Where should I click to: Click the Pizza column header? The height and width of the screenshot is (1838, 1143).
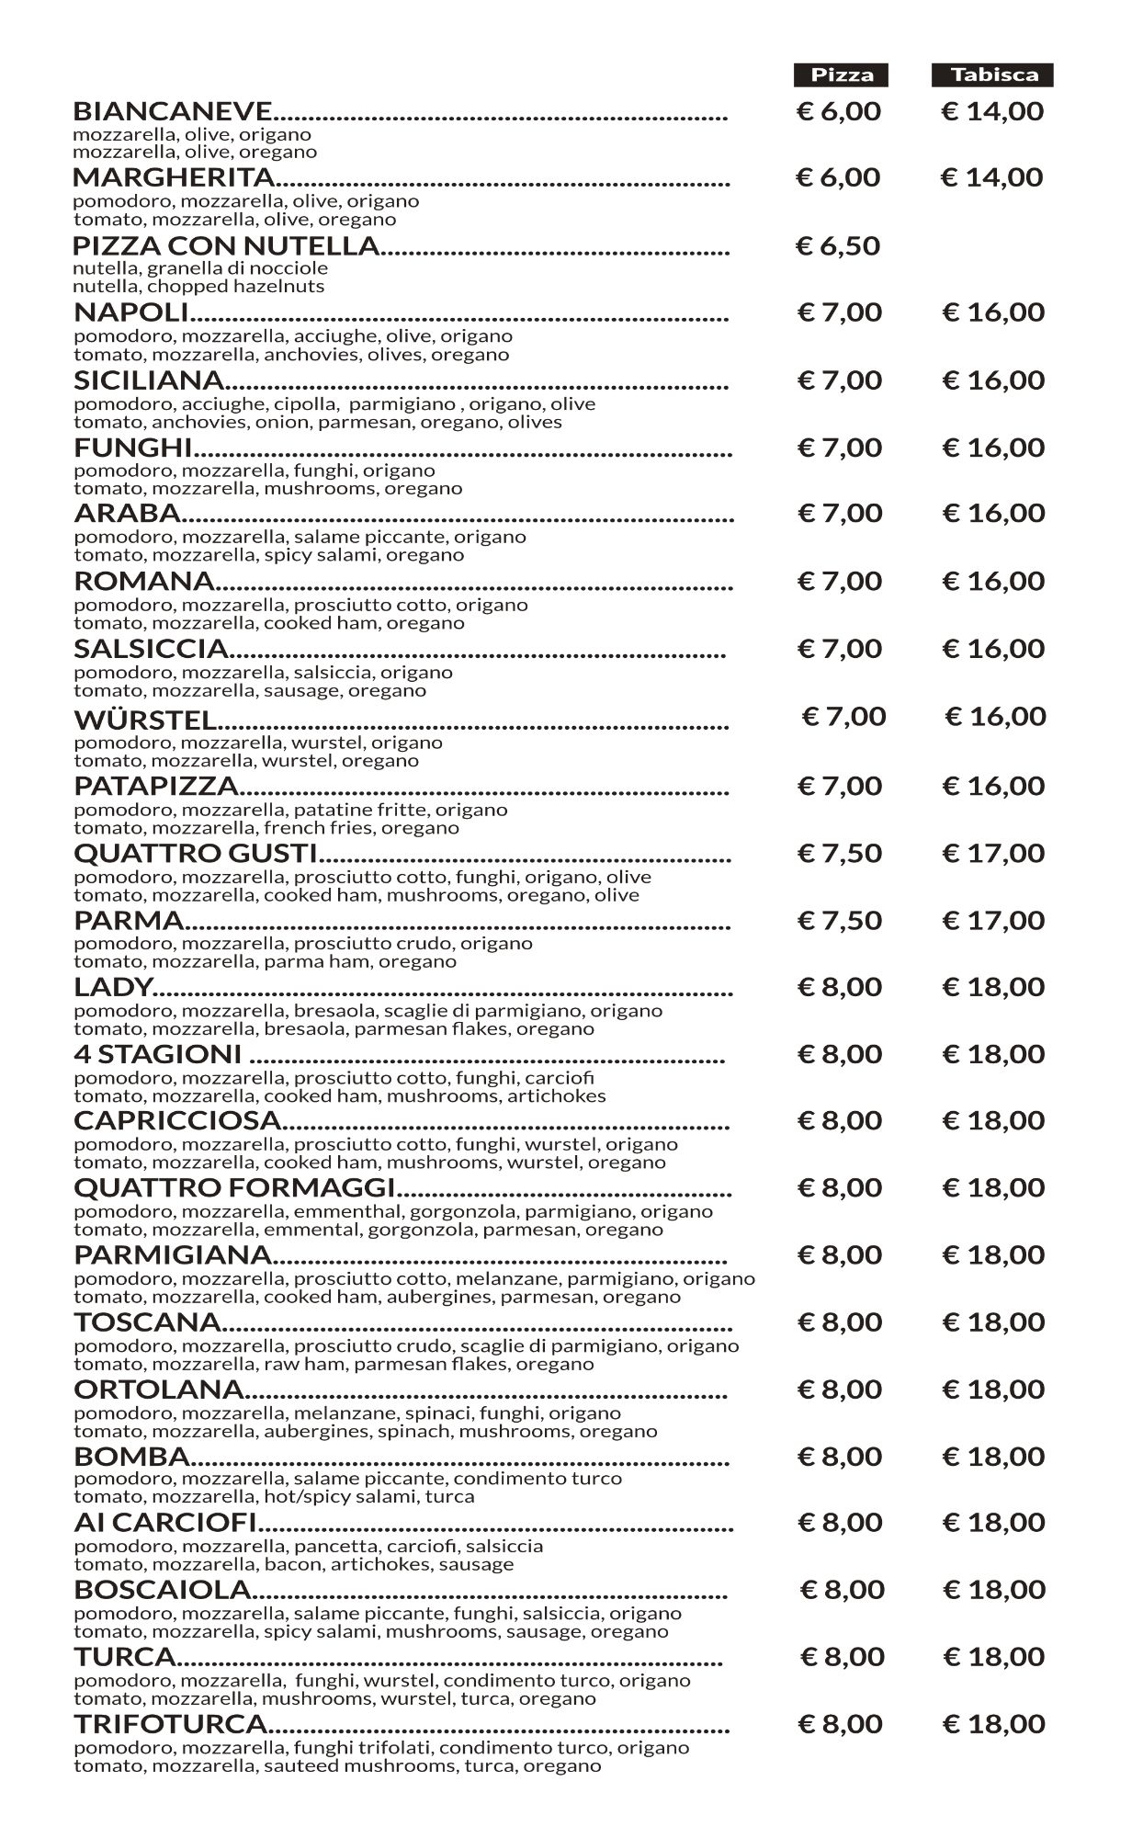[842, 74]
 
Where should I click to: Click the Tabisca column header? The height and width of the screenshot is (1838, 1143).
[993, 74]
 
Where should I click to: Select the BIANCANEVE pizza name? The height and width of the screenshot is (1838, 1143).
[172, 111]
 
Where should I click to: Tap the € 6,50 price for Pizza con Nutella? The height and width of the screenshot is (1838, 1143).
[838, 245]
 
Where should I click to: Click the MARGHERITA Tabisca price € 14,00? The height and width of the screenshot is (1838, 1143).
[992, 177]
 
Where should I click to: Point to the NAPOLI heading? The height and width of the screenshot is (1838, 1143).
[130, 312]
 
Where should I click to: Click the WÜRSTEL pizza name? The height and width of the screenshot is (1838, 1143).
[145, 719]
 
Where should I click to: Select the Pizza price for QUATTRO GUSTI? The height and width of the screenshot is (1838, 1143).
[840, 853]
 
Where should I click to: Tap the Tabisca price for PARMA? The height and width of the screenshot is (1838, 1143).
[993, 920]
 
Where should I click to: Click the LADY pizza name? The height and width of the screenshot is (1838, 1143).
[112, 987]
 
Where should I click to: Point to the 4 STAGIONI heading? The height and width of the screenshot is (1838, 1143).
[157, 1054]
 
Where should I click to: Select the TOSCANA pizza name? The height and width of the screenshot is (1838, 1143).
[147, 1322]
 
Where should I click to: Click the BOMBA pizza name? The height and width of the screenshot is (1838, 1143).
[131, 1457]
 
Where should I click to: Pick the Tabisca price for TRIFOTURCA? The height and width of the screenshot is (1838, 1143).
[994, 1724]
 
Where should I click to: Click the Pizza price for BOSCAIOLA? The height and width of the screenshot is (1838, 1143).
[843, 1590]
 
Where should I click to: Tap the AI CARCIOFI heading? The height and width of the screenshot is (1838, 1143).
[164, 1523]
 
